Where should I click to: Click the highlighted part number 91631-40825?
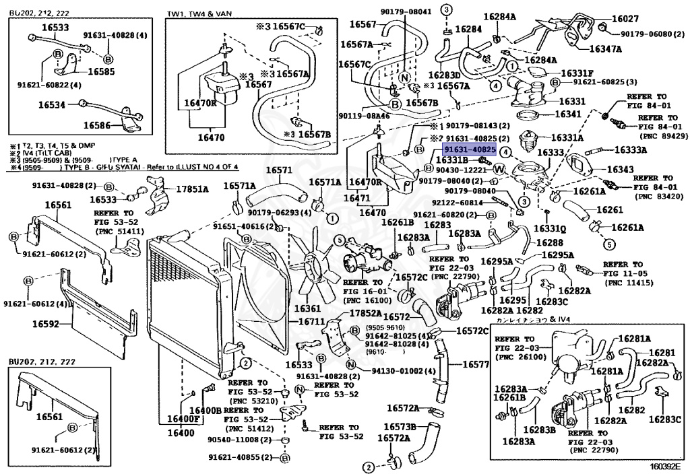pos(469,149)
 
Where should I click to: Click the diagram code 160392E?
pos(665,466)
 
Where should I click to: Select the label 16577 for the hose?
pos(476,364)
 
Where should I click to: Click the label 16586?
pos(97,125)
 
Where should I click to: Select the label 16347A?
pos(605,49)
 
